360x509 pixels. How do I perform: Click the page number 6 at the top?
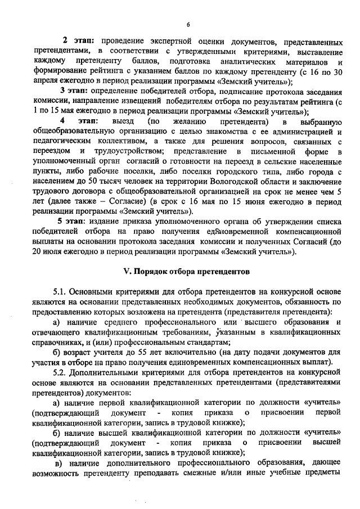(188, 24)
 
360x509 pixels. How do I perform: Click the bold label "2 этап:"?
(78, 42)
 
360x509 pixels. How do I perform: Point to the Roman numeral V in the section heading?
(127, 271)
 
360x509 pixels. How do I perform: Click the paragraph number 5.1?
(61, 292)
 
